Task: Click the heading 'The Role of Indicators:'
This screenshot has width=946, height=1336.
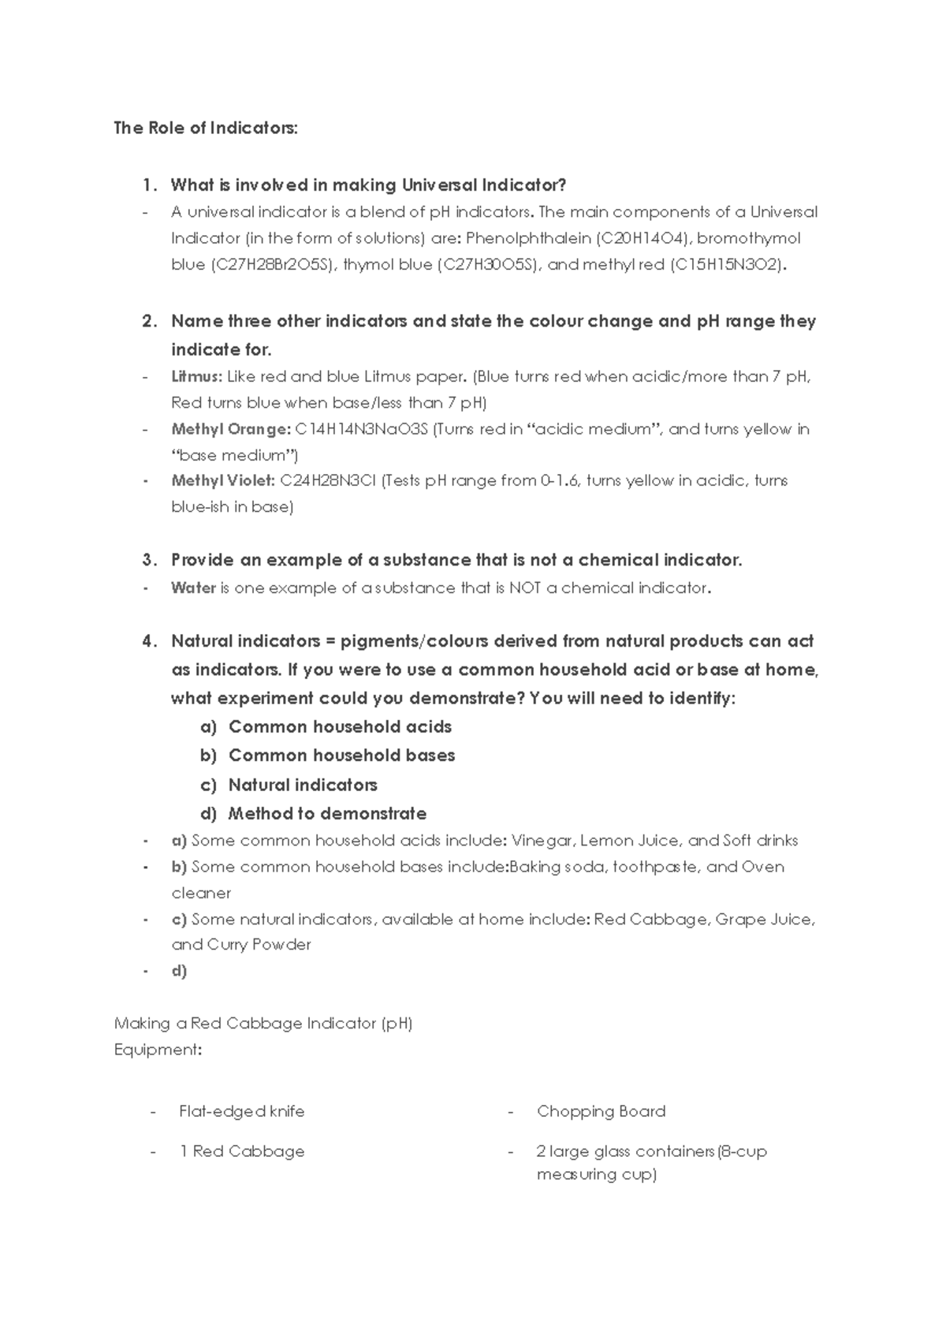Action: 206,128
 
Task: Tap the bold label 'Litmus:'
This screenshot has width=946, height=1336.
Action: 196,377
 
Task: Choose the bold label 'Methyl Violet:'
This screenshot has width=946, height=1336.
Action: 223,481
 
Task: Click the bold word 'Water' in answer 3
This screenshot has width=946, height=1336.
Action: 193,588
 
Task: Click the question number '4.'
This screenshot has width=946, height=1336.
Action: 150,641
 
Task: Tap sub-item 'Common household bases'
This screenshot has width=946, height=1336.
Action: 341,756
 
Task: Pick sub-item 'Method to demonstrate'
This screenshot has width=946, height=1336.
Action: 327,814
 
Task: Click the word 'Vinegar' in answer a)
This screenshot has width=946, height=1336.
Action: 542,841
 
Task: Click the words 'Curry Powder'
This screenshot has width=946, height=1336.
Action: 259,945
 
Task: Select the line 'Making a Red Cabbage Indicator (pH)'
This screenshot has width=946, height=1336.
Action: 263,1024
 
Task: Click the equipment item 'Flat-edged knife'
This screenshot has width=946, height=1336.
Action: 241,1111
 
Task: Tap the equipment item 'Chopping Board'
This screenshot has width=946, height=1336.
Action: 601,1111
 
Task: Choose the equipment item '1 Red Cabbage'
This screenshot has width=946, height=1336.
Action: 241,1151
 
